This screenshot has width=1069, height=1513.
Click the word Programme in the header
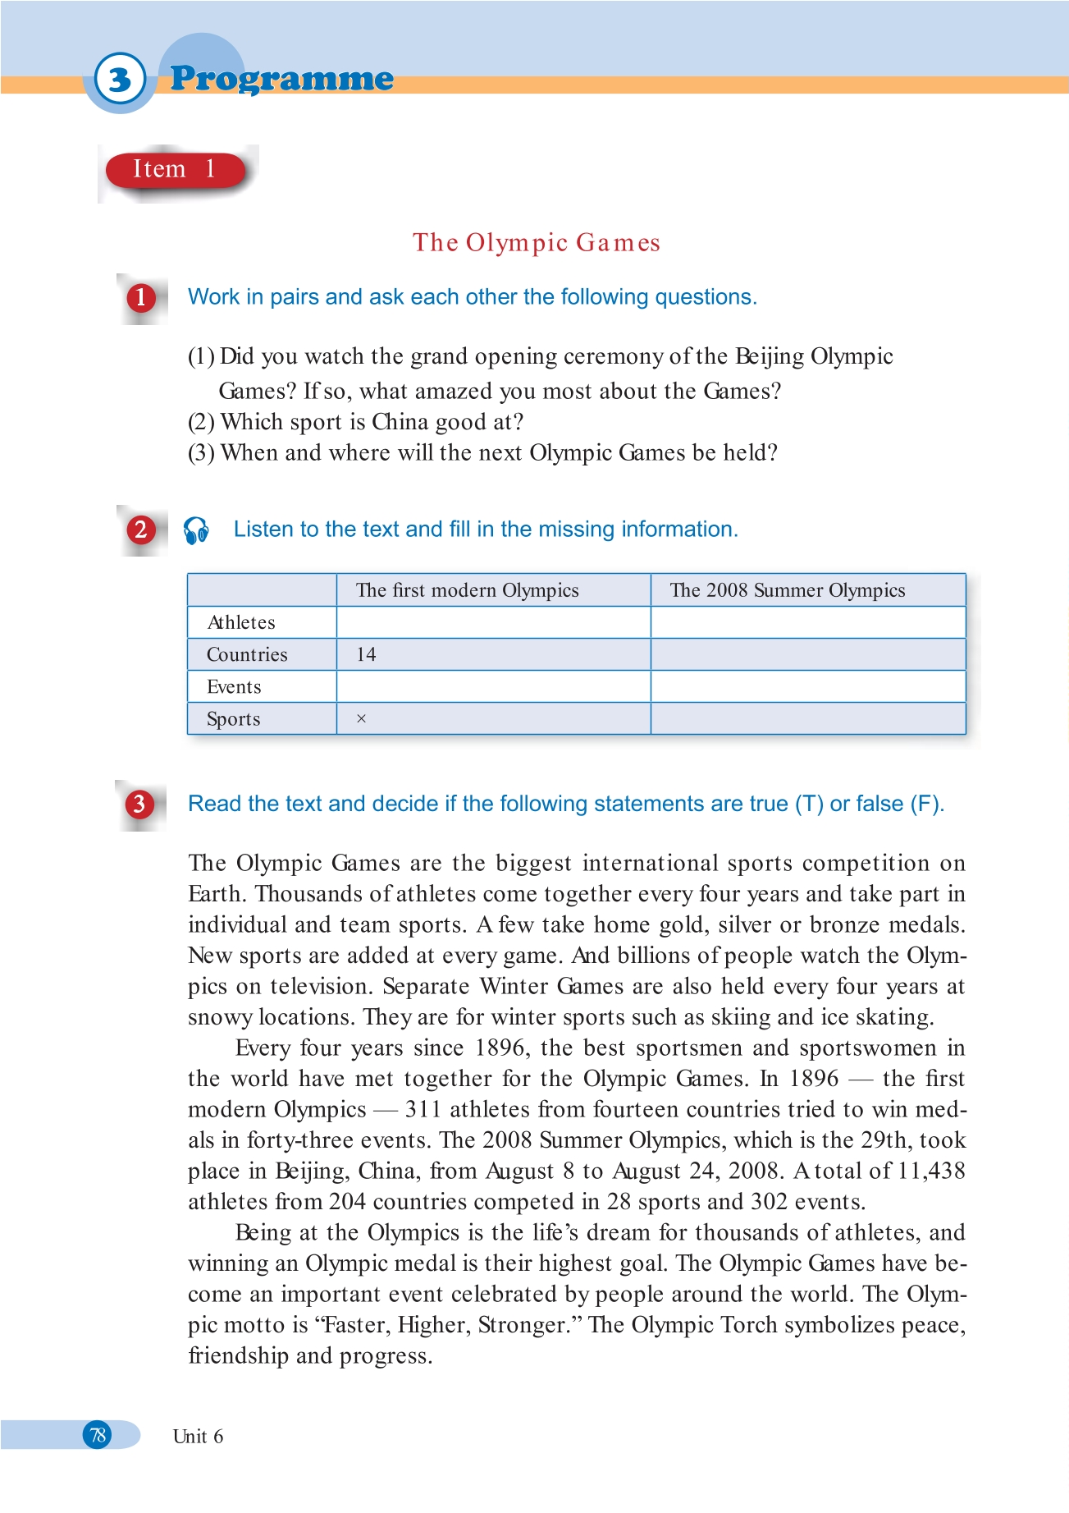pos(281,79)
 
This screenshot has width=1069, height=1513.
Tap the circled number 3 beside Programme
pos(120,80)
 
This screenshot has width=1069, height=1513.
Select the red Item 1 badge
pos(175,170)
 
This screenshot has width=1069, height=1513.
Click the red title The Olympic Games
pos(536,243)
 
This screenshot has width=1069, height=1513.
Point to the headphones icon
pos(197,530)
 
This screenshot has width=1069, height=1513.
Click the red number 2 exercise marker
pos(140,530)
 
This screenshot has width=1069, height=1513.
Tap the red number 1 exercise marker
pos(140,297)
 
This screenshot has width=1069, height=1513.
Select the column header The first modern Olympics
pos(467,590)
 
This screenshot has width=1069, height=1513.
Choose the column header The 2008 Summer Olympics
pos(787,590)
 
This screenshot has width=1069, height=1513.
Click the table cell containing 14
pos(366,654)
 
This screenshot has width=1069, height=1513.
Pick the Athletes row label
pos(241,622)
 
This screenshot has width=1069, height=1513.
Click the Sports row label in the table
pos(234,719)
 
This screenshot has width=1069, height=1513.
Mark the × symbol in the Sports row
pos(361,719)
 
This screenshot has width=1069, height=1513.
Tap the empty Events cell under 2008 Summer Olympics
pos(807,686)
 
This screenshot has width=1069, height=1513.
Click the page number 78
pos(98,1435)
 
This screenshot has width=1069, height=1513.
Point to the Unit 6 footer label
pos(198,1437)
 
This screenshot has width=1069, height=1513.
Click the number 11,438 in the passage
pos(931,1171)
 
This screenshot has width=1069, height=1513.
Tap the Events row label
pos(234,687)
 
